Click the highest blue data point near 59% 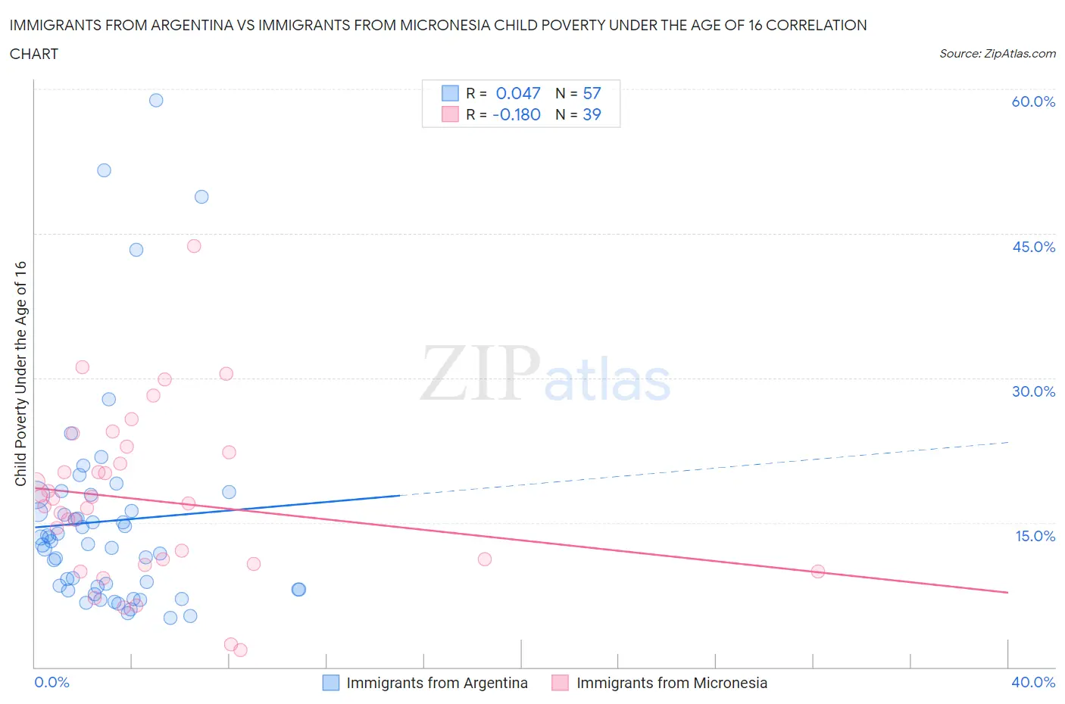(156, 100)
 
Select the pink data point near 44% (194, 246)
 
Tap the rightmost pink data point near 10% (818, 572)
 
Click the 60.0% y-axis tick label (1033, 101)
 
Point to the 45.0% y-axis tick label (1033, 247)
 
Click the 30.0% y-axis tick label (1033, 391)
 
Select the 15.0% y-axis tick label (1035, 536)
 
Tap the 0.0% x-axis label (52, 682)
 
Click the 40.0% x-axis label (1033, 682)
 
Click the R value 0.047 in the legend (518, 93)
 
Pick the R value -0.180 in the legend (517, 114)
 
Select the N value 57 (592, 93)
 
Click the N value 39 (592, 114)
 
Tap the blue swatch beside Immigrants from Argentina (331, 683)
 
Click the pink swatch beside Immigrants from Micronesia (561, 683)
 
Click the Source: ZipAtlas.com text (997, 54)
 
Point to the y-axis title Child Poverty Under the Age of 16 (20, 373)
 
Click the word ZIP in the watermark (480, 373)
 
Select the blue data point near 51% (105, 170)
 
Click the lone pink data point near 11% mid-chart (485, 559)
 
